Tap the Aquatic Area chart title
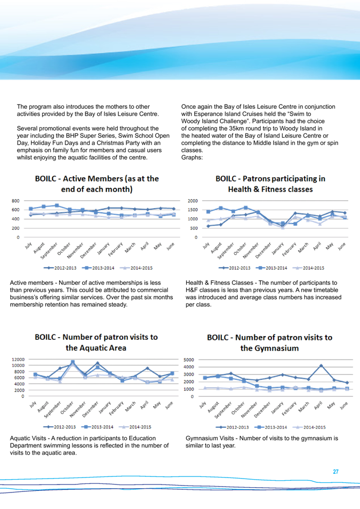tap(97, 343)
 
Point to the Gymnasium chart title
tap(270, 343)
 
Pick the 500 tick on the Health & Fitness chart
tap(193, 228)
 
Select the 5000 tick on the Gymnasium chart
tap(190, 359)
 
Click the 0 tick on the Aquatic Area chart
tap(22, 396)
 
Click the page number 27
tap(336, 472)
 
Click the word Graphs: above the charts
tap(191, 158)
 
